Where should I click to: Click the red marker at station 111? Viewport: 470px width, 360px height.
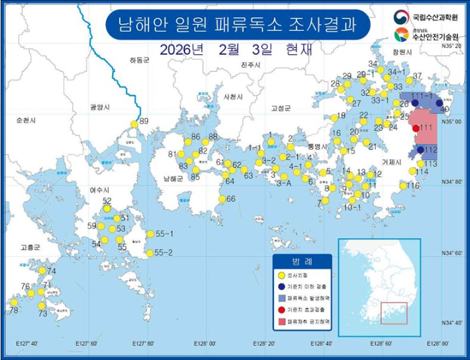click(x=415, y=128)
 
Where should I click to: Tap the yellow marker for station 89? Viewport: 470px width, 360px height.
click(x=134, y=123)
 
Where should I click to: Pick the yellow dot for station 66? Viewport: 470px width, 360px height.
click(x=222, y=199)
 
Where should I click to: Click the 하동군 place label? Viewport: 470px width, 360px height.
click(x=140, y=60)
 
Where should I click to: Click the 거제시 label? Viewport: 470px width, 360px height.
click(x=392, y=162)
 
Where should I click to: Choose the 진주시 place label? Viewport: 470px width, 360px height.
click(x=251, y=65)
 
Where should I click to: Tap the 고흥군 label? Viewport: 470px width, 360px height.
click(x=30, y=247)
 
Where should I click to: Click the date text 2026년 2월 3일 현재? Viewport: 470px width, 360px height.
click(x=234, y=50)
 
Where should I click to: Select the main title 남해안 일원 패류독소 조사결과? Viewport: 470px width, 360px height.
click(x=236, y=24)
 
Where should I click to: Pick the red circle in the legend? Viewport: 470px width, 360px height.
click(x=281, y=308)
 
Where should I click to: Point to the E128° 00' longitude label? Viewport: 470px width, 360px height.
click(x=204, y=344)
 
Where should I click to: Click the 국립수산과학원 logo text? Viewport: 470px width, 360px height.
click(x=434, y=16)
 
